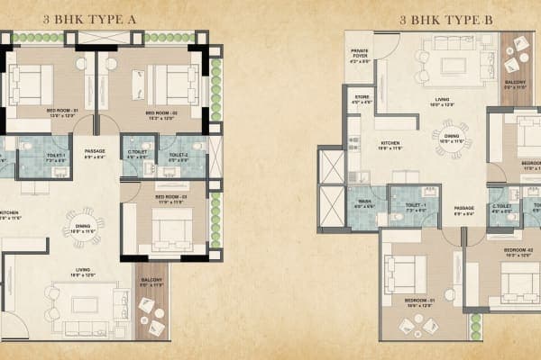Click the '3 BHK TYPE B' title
tap(437, 15)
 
